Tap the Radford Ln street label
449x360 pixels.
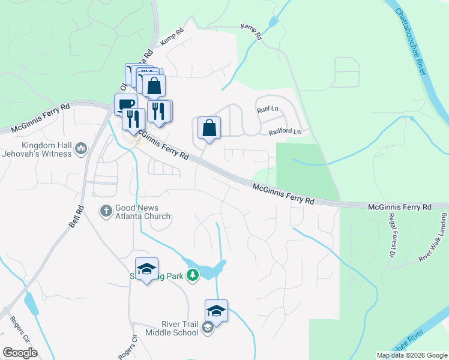pyautogui.click(x=285, y=132)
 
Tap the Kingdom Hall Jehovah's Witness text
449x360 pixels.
pyautogui.click(x=46, y=149)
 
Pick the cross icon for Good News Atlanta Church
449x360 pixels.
pyautogui.click(x=106, y=210)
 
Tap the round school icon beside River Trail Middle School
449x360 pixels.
pyautogui.click(x=208, y=327)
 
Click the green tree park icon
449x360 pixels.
pyautogui.click(x=193, y=275)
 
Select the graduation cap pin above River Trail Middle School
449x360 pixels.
pyautogui.click(x=216, y=310)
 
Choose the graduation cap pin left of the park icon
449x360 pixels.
pyautogui.click(x=146, y=270)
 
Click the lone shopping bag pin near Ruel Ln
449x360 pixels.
pyautogui.click(x=209, y=128)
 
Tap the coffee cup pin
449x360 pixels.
pyautogui.click(x=125, y=104)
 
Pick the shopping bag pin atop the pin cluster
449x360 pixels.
pyautogui.click(x=154, y=85)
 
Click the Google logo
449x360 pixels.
pyautogui.click(x=20, y=353)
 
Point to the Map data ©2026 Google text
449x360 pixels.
pyautogui.click(x=411, y=355)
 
